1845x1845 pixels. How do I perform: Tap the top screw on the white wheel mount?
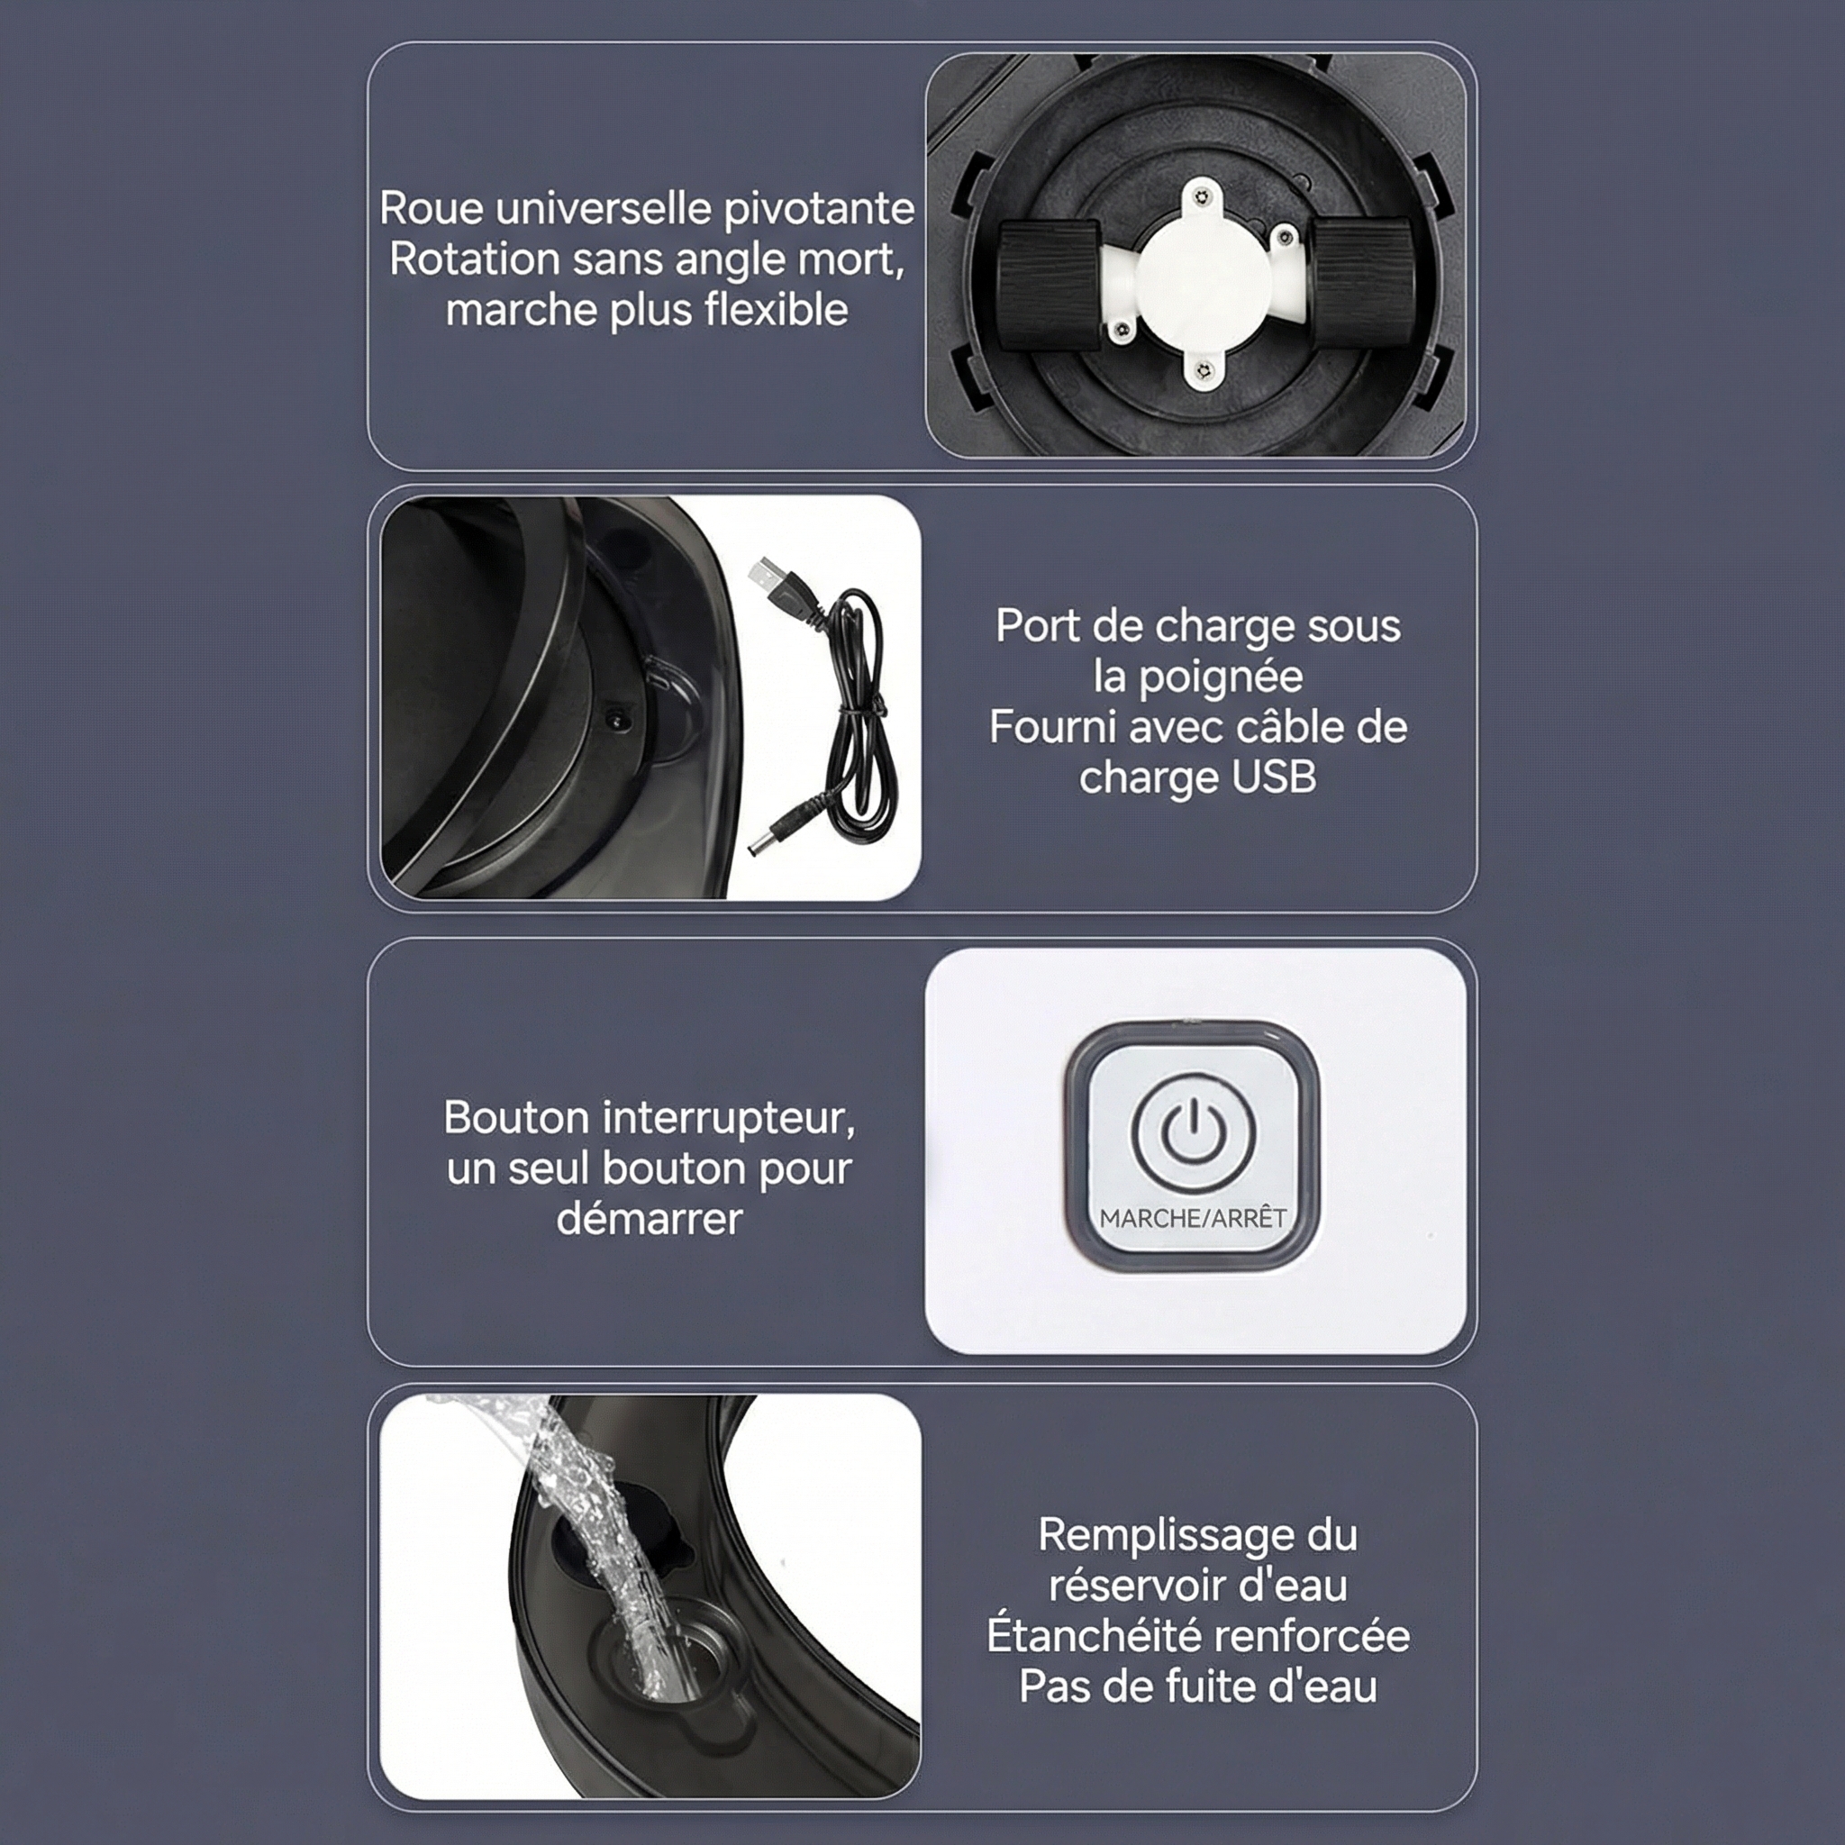(1205, 197)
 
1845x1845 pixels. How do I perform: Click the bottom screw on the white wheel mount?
(1204, 370)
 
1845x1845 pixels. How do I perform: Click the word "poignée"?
(1222, 678)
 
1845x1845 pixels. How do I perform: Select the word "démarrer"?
(650, 1219)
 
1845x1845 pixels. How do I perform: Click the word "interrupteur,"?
(730, 1119)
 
